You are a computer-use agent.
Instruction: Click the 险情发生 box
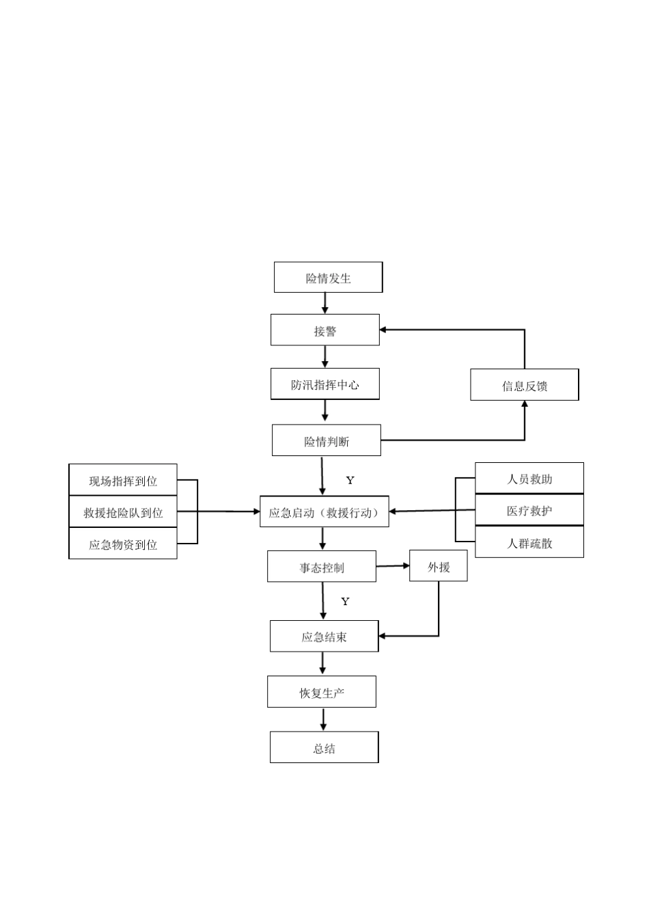pyautogui.click(x=328, y=278)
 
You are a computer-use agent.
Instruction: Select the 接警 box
pyautogui.click(x=325, y=330)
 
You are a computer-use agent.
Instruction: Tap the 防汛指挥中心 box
pyautogui.click(x=325, y=384)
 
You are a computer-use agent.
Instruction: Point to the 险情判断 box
pyautogui.click(x=327, y=440)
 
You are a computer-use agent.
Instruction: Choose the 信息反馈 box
pyautogui.click(x=524, y=385)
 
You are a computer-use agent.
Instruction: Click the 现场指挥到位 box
pyautogui.click(x=123, y=480)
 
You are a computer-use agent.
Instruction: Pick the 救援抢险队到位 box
pyautogui.click(x=123, y=512)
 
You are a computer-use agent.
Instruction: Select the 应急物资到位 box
pyautogui.click(x=123, y=544)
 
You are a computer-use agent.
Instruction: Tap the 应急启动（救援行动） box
pyautogui.click(x=324, y=512)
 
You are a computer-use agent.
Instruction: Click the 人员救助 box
pyautogui.click(x=529, y=479)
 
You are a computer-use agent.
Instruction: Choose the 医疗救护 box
pyautogui.click(x=529, y=510)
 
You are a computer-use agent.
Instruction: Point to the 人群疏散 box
pyautogui.click(x=529, y=543)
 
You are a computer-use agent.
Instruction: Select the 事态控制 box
pyautogui.click(x=322, y=567)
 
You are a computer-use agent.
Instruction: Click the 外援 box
pyautogui.click(x=439, y=566)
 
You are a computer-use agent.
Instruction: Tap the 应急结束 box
pyautogui.click(x=324, y=637)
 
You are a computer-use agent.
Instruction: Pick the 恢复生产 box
pyautogui.click(x=322, y=692)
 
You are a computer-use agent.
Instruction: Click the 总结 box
pyautogui.click(x=324, y=747)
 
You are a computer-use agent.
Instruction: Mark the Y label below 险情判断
pyautogui.click(x=350, y=480)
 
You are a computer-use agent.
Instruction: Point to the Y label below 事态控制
pyautogui.click(x=346, y=601)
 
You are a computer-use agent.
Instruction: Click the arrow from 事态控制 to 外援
pyautogui.click(x=393, y=566)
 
